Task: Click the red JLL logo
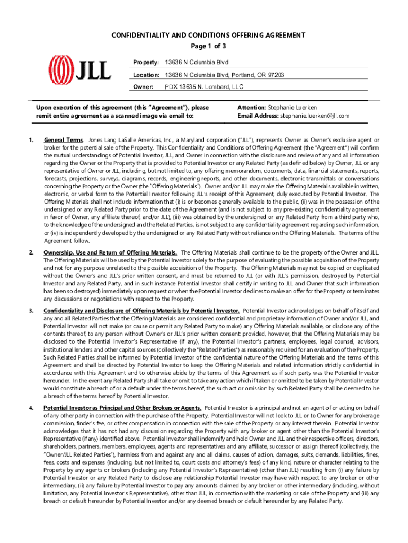tap(80, 69)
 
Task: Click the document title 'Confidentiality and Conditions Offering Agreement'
tap(208, 36)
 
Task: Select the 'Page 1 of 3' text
tap(208, 46)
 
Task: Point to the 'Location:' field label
tap(147, 75)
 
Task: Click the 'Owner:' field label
tap(143, 86)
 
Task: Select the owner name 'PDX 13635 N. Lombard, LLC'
tap(204, 86)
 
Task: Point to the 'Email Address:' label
tap(258, 116)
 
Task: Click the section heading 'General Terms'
tap(63, 140)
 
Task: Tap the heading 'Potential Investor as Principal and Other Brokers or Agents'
tap(122, 408)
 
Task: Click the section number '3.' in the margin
tap(31, 310)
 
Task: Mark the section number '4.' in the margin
tap(31, 408)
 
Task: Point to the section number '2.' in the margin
tap(31, 252)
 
